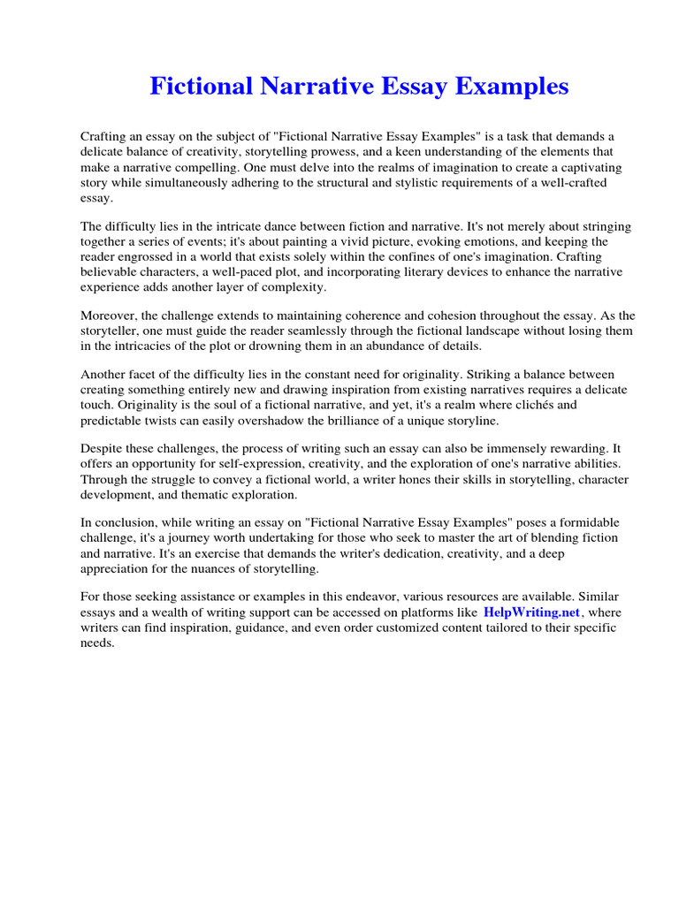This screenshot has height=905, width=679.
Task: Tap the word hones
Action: pyautogui.click(x=402, y=479)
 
